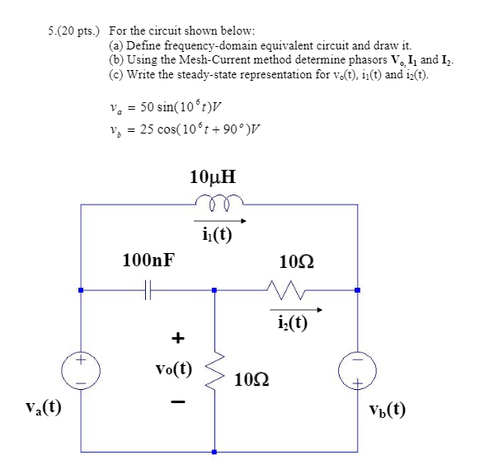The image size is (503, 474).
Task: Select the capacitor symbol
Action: (x=147, y=290)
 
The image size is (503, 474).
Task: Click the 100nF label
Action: (x=148, y=261)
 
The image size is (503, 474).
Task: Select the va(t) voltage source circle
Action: (x=80, y=371)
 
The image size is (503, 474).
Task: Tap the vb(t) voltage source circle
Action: (x=357, y=371)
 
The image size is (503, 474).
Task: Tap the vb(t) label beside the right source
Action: (x=388, y=408)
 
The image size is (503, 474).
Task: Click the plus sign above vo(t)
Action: (x=176, y=338)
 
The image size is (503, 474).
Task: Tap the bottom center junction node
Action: (x=214, y=452)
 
